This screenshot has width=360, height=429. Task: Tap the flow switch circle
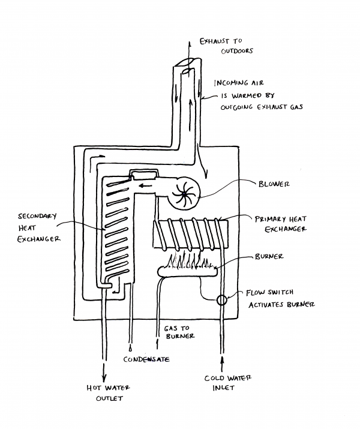tap(222, 299)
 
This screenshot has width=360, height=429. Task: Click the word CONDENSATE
tap(147, 359)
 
